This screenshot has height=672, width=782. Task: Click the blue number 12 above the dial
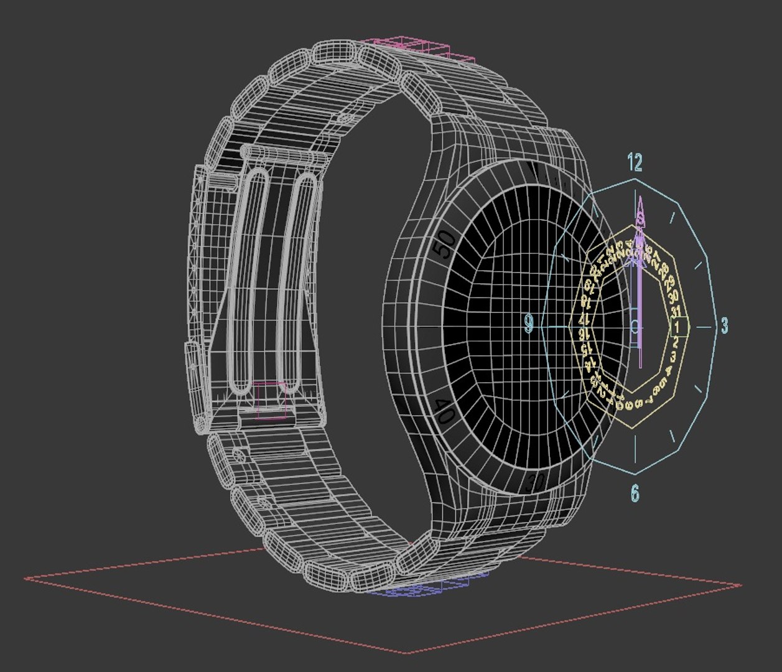coord(635,163)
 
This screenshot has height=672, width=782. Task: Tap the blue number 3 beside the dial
coord(724,325)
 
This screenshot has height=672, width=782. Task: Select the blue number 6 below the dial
coord(635,493)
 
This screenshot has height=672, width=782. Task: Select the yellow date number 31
coord(677,311)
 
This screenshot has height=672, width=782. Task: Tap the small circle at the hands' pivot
coord(635,325)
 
